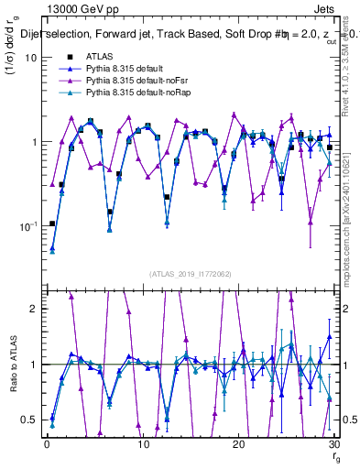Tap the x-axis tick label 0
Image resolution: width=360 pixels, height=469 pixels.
47,445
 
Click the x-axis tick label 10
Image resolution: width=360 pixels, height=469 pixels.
142,445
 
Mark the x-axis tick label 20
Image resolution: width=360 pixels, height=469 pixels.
238,445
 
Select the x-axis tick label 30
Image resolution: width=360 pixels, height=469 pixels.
333,445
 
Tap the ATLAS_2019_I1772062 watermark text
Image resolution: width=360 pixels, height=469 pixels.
190,273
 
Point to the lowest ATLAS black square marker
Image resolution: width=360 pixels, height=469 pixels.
52,224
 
